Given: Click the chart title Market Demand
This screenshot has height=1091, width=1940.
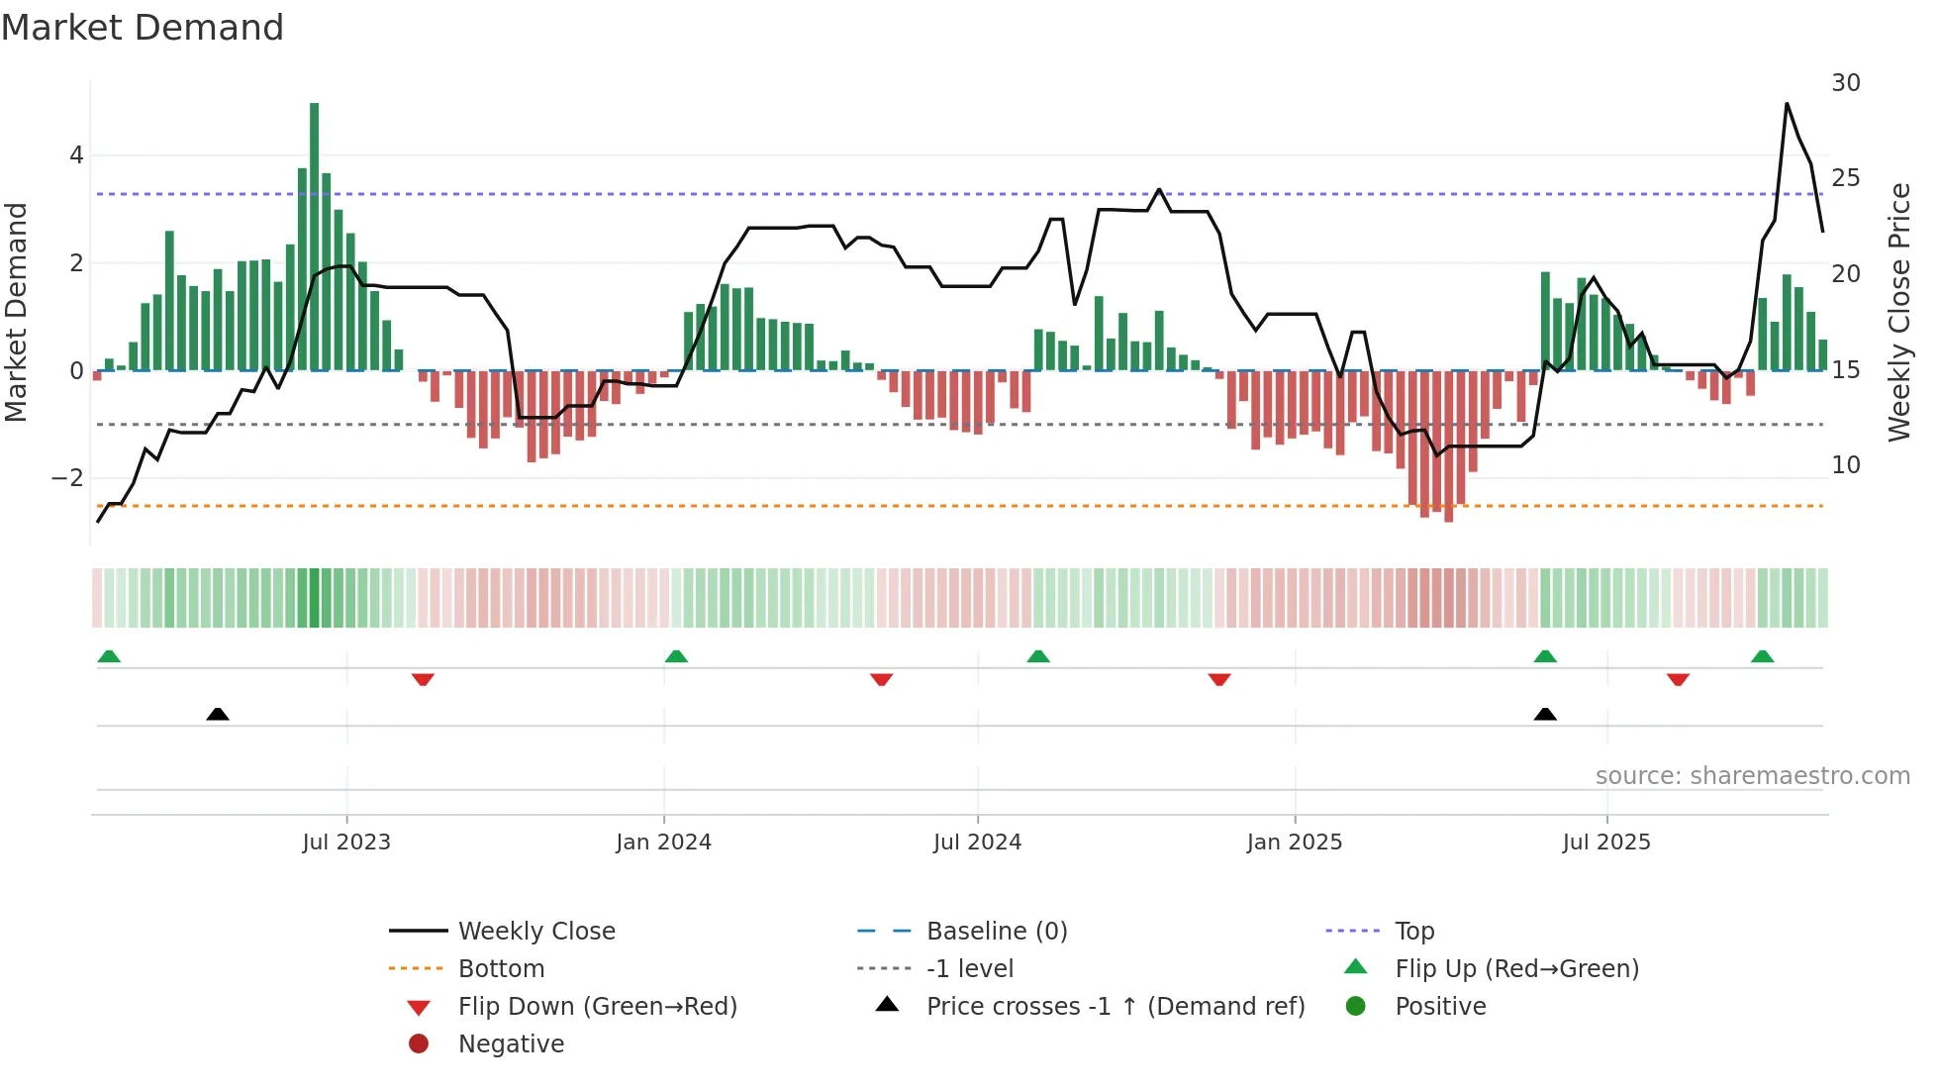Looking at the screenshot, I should click(143, 27).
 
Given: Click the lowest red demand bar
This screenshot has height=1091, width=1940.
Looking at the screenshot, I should click(1449, 446).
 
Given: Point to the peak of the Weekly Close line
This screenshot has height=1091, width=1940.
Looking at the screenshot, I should click(1787, 104).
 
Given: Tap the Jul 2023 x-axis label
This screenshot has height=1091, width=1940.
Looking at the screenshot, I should click(346, 843).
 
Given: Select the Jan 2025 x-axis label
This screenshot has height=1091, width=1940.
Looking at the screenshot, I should click(1294, 843).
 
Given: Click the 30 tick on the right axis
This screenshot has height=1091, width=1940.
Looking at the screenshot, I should click(1845, 83).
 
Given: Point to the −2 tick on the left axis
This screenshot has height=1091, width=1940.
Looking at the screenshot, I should click(67, 478).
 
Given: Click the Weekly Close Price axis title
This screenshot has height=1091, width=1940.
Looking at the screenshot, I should click(1898, 312).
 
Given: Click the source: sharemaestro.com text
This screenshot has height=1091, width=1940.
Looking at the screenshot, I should click(1752, 776).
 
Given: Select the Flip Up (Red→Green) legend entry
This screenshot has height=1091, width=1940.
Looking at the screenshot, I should click(1516, 968).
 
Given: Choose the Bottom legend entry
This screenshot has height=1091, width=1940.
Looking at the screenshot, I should click(501, 968).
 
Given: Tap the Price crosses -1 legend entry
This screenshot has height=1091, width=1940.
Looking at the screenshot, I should click(1115, 1006).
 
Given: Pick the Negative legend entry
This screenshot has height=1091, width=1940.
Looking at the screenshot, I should click(511, 1043).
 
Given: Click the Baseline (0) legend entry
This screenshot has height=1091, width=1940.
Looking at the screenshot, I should click(996, 931).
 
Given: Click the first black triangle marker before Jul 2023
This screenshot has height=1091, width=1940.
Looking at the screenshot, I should click(218, 714).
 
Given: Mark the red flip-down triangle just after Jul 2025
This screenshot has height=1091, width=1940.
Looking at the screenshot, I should click(1678, 679).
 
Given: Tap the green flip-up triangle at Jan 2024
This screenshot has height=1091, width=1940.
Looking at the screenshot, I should click(676, 656).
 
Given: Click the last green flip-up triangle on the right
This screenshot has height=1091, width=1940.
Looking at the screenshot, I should click(1762, 656).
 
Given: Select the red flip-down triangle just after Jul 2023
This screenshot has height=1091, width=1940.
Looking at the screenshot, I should click(423, 679).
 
